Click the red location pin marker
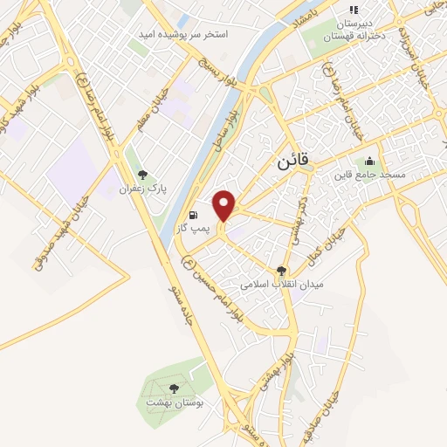[x=225, y=204]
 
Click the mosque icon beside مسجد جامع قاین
[x=369, y=162]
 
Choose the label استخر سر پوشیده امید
[x=182, y=35]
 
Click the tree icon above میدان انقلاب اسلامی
[x=281, y=272]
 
